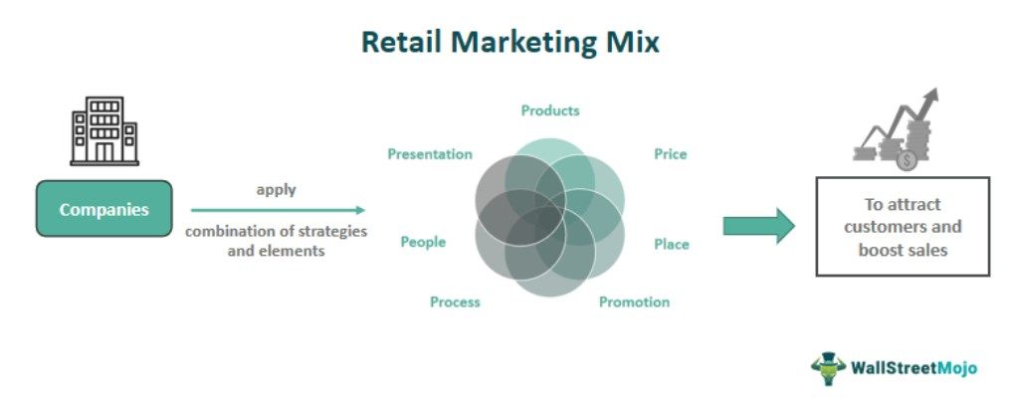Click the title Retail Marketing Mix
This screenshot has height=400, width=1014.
click(x=508, y=43)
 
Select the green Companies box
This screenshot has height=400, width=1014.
click(x=103, y=209)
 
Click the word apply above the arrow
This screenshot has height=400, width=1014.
click(x=277, y=189)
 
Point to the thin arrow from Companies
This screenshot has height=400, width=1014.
click(x=278, y=210)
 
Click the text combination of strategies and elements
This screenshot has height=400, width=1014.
click(x=277, y=241)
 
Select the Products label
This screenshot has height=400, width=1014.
click(x=550, y=110)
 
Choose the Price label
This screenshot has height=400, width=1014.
click(x=670, y=154)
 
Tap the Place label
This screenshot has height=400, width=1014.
click(x=671, y=244)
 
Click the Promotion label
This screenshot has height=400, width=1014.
click(x=634, y=301)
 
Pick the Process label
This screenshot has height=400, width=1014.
click(x=455, y=301)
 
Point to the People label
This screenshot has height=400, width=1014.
click(x=423, y=242)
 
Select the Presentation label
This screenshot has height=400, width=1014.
click(x=430, y=154)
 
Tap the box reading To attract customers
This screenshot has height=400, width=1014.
click(x=903, y=227)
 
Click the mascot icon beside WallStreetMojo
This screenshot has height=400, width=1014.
click(x=827, y=367)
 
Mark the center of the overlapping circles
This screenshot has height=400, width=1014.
click(x=549, y=215)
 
